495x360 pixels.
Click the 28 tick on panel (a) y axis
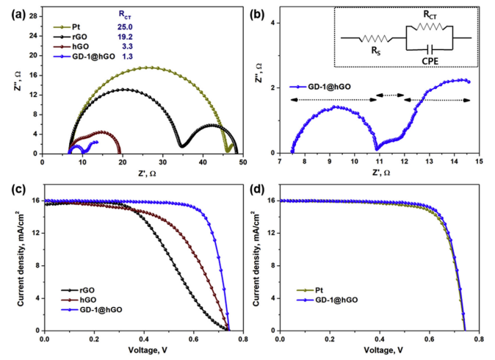click(x=32, y=15)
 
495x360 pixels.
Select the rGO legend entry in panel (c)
click(x=76, y=290)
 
